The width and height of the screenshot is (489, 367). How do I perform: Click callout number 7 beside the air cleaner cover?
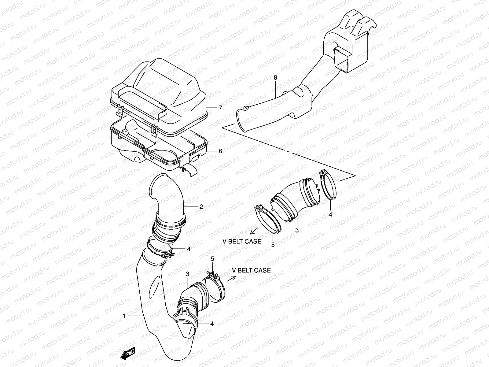pos(220,108)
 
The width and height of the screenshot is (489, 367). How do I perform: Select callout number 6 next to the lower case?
pos(220,151)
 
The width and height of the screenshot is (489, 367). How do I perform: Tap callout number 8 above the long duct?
pos(275,78)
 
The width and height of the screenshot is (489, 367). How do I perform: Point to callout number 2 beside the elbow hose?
pos(201,207)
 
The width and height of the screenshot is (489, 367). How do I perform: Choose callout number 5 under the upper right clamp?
pos(273,245)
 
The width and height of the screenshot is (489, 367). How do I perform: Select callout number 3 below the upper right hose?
pos(296,230)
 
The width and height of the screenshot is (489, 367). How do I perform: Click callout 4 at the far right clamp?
pos(330,215)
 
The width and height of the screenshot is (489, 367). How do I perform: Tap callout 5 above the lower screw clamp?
pos(212,259)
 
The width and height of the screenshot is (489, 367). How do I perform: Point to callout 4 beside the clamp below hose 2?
pos(189,249)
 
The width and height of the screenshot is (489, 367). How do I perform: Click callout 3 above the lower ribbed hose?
pos(188,274)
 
